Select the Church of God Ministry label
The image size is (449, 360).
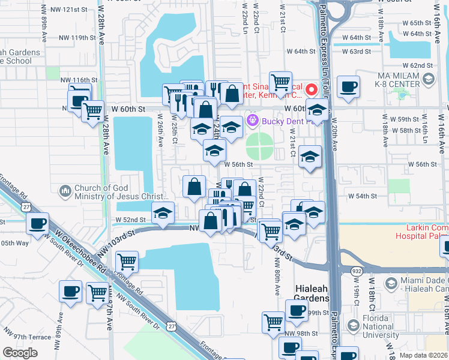(119, 192)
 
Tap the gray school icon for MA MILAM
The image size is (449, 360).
(429, 79)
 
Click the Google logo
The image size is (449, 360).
(20, 353)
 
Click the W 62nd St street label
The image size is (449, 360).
(418, 65)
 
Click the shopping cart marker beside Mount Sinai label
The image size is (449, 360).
(280, 82)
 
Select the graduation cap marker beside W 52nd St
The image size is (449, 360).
(163, 212)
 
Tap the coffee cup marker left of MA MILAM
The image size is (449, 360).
(348, 86)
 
